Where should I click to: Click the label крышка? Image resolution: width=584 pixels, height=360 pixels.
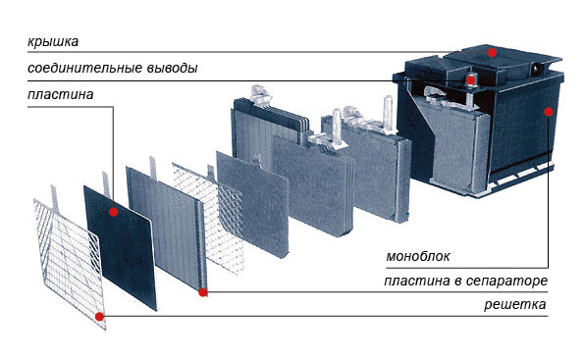(x=53, y=41)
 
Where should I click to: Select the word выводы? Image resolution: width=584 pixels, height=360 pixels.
(x=172, y=68)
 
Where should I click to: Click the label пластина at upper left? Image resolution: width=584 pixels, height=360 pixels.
(x=60, y=94)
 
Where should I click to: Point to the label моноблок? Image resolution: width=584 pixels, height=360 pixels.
(x=418, y=256)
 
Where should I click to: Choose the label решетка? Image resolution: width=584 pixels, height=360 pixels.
(x=515, y=304)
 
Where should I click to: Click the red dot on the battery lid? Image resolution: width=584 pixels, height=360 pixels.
(x=492, y=53)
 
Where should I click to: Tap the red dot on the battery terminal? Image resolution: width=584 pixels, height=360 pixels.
(x=471, y=80)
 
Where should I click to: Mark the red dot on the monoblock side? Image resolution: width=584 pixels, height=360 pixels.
(x=549, y=112)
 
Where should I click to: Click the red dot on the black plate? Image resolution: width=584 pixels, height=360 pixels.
(x=114, y=212)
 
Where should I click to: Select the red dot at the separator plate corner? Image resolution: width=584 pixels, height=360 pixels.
(x=203, y=292)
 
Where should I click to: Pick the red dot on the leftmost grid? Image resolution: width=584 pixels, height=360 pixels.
(x=99, y=317)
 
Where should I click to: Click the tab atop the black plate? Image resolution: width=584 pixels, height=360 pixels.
(x=106, y=184)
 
